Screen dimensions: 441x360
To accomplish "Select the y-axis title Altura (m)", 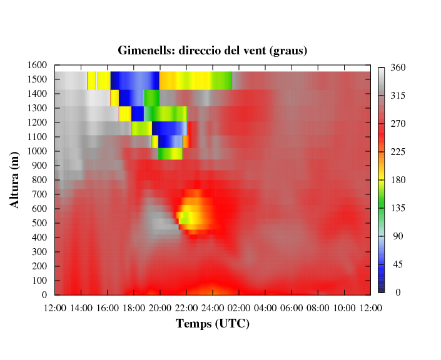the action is (14, 180).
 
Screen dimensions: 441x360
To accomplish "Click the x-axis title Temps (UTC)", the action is (213, 324).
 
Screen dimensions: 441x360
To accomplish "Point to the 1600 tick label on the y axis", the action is (37, 65).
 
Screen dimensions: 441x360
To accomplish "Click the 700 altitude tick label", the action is (39, 194).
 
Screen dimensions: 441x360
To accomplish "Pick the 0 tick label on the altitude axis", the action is (44, 295).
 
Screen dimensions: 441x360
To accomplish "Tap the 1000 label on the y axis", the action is (37, 151).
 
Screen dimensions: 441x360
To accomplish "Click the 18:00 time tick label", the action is (134, 308).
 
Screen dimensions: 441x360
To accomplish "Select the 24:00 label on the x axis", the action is (213, 308).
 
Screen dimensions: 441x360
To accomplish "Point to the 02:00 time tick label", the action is (239, 308).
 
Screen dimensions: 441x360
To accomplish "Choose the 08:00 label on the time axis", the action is (318, 308).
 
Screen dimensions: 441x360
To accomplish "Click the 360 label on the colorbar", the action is (398, 67).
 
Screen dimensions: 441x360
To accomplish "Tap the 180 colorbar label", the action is (398, 180).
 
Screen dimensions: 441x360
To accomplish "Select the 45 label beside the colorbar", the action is (398, 264).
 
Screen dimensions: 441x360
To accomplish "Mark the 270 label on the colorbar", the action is (398, 124).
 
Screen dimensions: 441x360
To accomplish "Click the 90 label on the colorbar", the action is (398, 236).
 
